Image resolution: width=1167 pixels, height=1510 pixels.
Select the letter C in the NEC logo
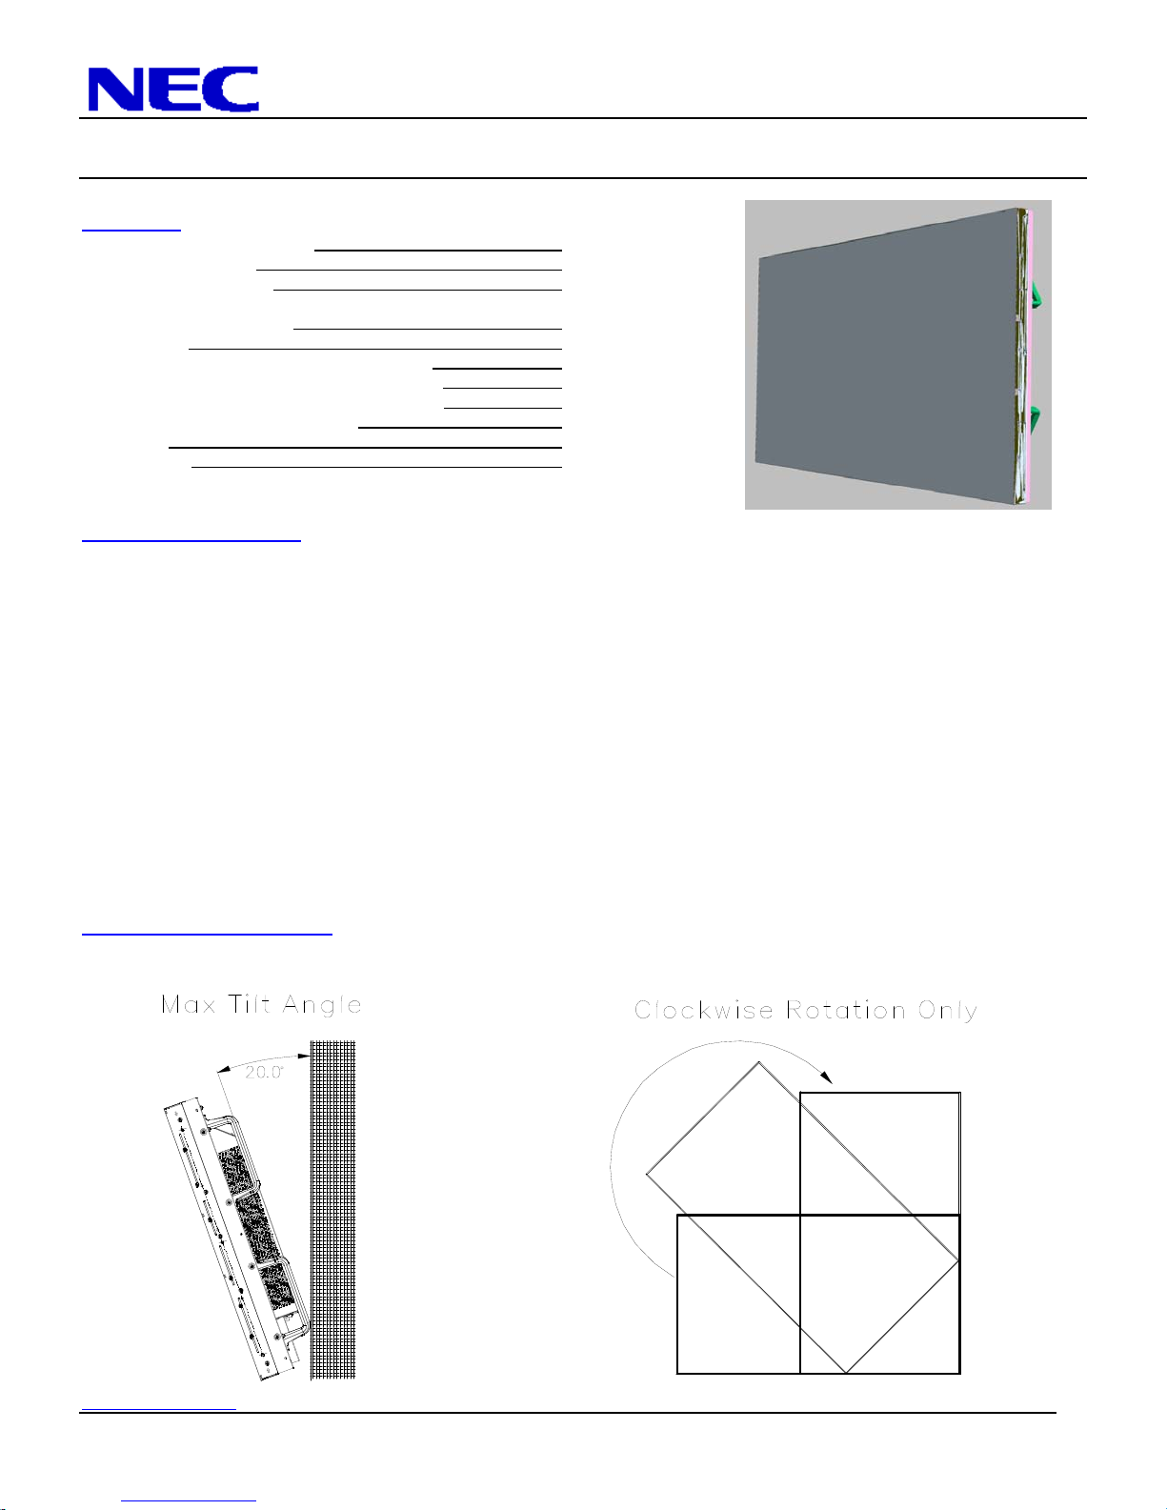point(229,89)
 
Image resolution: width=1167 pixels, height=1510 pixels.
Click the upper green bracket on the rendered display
point(1035,294)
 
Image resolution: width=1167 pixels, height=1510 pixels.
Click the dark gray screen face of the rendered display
point(886,354)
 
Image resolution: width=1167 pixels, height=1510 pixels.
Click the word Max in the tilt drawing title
point(189,1005)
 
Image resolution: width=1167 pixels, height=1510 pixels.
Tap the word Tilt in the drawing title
point(250,1004)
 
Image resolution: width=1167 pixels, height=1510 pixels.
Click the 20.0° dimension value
point(264,1072)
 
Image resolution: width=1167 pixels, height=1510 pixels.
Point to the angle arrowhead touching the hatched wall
point(304,1057)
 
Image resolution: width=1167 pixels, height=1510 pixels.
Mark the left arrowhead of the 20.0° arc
point(223,1070)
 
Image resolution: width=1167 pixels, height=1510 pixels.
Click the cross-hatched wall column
point(332,1210)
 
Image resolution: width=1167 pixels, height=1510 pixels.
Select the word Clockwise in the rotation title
point(704,1010)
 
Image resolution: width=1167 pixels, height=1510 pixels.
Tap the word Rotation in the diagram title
point(846,1010)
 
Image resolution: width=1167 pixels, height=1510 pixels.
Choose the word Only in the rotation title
point(948,1012)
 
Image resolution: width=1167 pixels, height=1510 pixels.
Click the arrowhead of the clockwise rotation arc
point(826,1077)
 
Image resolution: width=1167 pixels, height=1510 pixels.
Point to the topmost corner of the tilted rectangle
point(758,1062)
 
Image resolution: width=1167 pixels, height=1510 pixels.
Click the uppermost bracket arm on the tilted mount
point(222,1120)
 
